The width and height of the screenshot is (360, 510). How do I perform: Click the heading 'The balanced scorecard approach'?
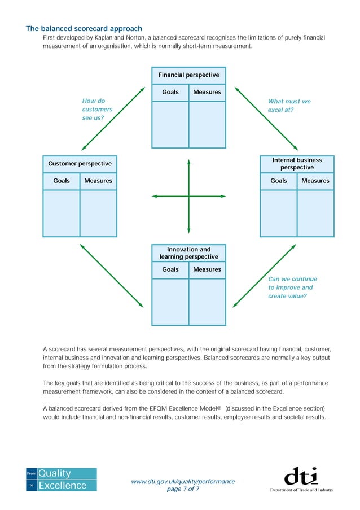click(x=84, y=28)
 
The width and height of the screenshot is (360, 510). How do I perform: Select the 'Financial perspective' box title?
click(x=188, y=75)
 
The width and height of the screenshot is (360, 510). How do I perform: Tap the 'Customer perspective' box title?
click(x=80, y=164)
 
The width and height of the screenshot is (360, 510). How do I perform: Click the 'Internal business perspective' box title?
click(x=297, y=164)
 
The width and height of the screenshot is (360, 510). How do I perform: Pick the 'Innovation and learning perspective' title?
click(x=188, y=253)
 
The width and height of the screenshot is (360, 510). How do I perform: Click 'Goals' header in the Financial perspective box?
click(x=170, y=92)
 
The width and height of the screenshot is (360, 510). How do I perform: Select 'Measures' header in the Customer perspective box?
click(x=98, y=181)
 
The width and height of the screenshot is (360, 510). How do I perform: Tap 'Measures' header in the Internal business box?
click(x=315, y=181)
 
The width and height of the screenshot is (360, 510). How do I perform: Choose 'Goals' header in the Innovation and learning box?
click(x=170, y=269)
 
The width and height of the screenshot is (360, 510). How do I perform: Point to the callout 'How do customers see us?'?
click(x=97, y=110)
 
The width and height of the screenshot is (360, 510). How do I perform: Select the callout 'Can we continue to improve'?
click(x=292, y=287)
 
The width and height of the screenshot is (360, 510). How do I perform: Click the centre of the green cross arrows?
click(x=188, y=196)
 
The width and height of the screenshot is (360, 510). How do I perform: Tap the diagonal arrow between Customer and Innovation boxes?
click(x=112, y=276)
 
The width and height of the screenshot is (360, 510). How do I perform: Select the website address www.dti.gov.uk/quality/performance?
click(x=183, y=481)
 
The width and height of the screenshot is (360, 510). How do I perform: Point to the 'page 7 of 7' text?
click(x=183, y=489)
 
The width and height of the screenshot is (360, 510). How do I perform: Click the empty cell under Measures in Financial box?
click(x=207, y=124)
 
